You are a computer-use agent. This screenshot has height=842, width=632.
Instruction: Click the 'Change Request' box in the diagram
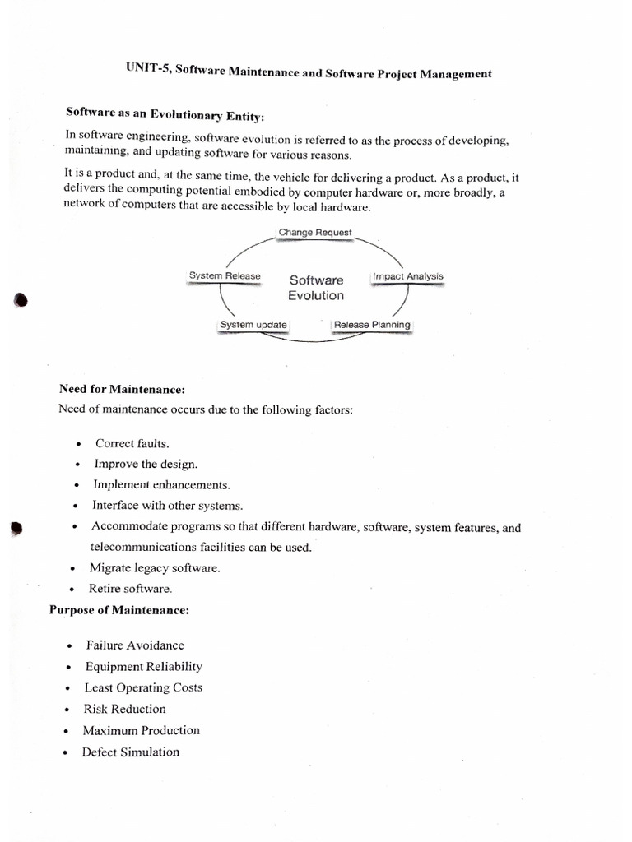[315, 233]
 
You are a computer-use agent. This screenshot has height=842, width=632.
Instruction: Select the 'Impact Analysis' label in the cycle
[408, 276]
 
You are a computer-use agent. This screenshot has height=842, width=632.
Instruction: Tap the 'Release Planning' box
[372, 325]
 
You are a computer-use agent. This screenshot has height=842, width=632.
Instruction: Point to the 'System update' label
[253, 325]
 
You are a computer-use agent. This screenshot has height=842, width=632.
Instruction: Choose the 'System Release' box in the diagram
[225, 276]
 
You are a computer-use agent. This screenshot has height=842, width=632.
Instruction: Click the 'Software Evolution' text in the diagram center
[316, 288]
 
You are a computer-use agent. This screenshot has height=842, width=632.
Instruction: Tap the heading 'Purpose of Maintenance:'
[119, 610]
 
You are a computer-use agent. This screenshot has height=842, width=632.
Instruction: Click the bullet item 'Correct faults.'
[132, 443]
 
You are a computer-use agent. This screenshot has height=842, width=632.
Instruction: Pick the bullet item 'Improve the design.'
[146, 464]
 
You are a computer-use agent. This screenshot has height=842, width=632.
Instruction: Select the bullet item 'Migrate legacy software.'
[155, 568]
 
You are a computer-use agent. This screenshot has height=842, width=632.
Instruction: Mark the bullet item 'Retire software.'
[131, 589]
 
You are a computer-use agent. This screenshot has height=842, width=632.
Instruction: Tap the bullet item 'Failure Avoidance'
[135, 645]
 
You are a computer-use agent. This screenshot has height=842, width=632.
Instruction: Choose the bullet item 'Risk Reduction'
[124, 709]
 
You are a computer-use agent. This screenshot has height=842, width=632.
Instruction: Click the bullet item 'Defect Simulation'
[130, 752]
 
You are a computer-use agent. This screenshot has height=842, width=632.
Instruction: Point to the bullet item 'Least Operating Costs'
[143, 687]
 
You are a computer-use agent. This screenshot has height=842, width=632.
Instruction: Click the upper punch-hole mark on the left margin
[21, 300]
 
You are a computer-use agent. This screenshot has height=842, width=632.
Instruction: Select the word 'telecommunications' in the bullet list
[143, 547]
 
